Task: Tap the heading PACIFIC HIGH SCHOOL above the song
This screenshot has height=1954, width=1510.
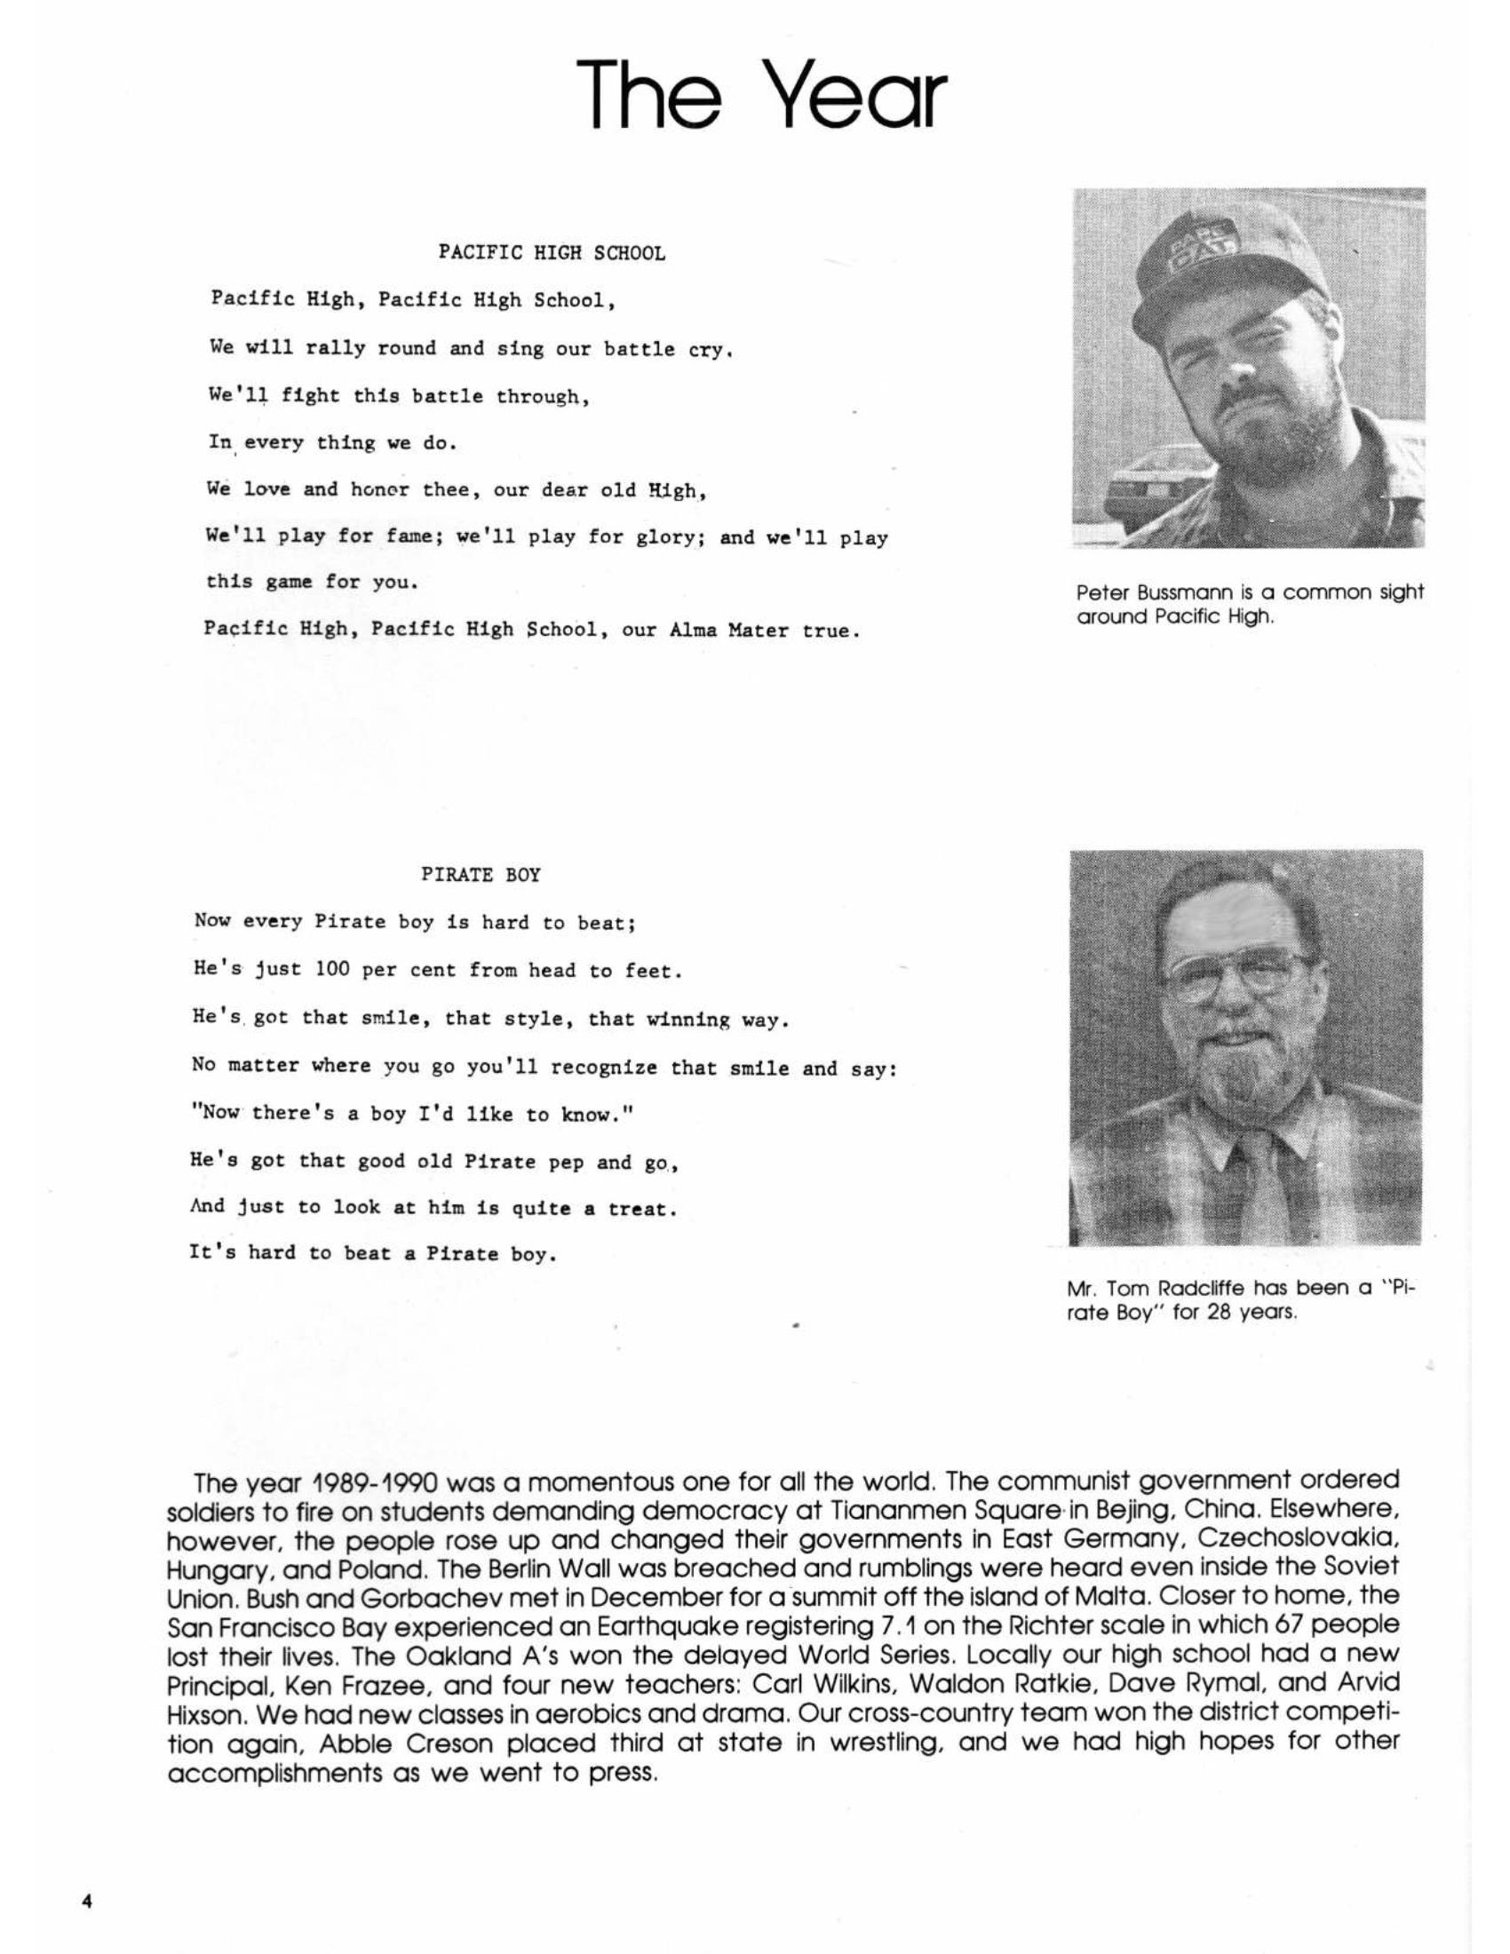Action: tap(551, 253)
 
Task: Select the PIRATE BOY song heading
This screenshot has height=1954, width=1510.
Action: tap(481, 875)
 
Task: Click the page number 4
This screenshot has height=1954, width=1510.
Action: tap(87, 1901)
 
